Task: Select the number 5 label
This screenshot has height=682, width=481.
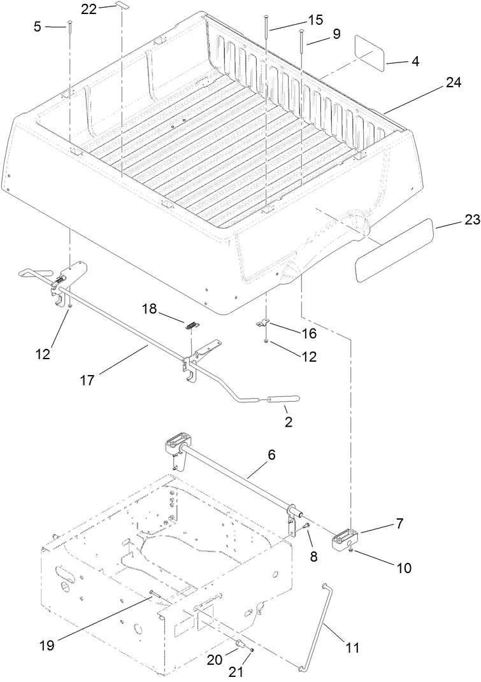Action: [38, 26]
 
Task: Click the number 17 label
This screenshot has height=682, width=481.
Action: [87, 380]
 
